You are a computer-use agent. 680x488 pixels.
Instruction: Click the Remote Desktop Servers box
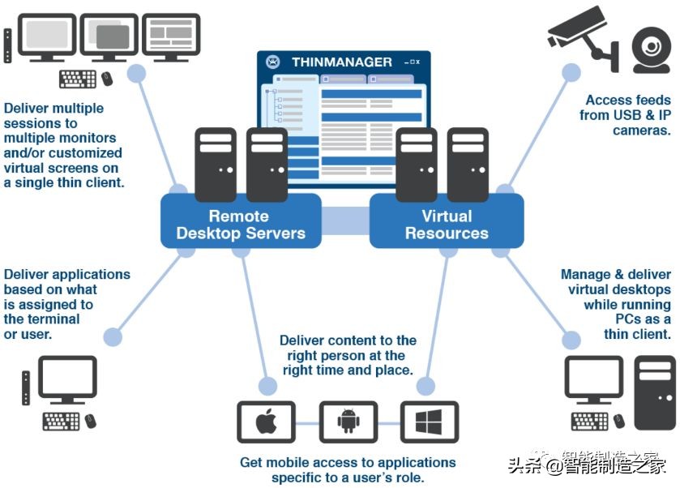(x=240, y=225)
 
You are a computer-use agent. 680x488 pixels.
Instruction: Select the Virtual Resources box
(x=447, y=225)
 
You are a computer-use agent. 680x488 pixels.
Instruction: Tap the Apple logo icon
(x=266, y=422)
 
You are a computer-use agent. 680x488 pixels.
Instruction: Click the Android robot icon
(x=349, y=422)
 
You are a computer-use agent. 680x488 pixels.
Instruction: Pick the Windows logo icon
(x=430, y=422)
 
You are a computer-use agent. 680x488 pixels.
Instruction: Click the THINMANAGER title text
(x=341, y=62)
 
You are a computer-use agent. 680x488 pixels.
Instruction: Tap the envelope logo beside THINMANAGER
(x=273, y=62)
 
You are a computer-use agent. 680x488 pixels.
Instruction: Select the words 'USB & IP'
(x=640, y=115)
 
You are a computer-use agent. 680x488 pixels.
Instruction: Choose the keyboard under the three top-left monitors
(x=78, y=79)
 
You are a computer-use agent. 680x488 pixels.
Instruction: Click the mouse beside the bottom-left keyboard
(x=90, y=422)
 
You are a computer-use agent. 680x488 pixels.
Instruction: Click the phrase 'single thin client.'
(x=63, y=182)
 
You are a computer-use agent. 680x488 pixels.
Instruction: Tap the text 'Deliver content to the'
(x=348, y=340)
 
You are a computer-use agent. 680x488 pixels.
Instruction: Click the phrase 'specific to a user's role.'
(x=348, y=477)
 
